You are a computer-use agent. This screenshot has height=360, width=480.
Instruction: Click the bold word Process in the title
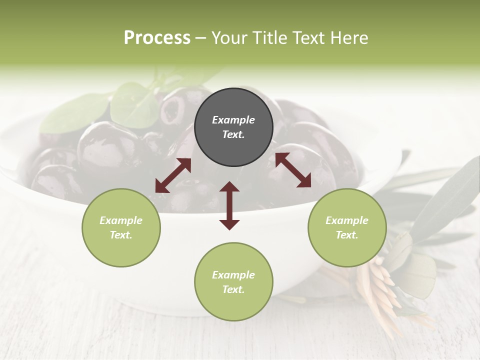tap(157, 38)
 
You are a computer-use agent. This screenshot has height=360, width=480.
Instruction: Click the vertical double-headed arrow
tap(229, 206)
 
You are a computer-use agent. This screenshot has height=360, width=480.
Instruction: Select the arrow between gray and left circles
tap(173, 175)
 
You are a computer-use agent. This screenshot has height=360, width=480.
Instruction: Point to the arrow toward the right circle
tap(293, 170)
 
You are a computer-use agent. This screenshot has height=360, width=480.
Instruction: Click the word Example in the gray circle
tap(233, 120)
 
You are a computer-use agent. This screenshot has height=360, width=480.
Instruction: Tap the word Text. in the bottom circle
tap(233, 289)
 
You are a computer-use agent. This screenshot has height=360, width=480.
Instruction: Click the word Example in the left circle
tap(121, 220)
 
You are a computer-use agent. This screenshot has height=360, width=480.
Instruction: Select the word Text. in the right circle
tap(347, 235)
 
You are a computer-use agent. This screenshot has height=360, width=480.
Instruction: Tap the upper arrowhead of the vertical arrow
tap(229, 187)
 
